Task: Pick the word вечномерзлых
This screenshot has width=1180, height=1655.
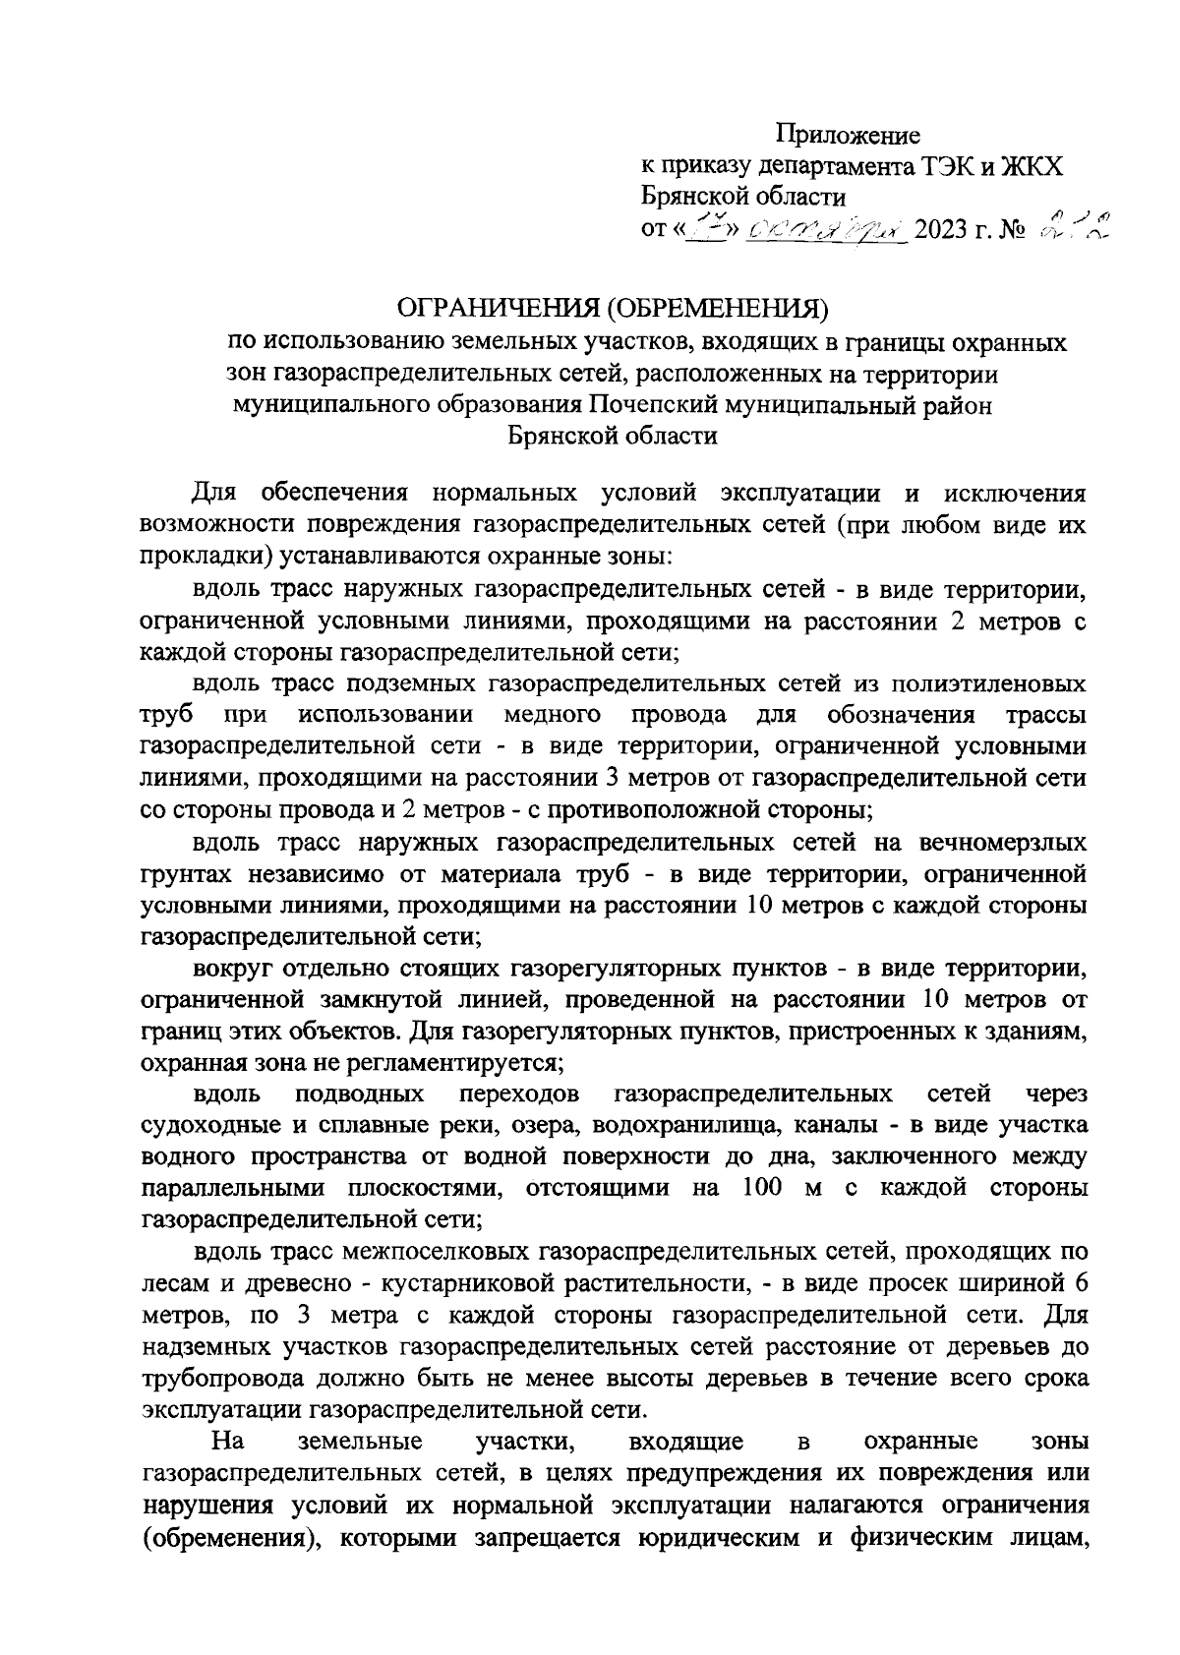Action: (1003, 843)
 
